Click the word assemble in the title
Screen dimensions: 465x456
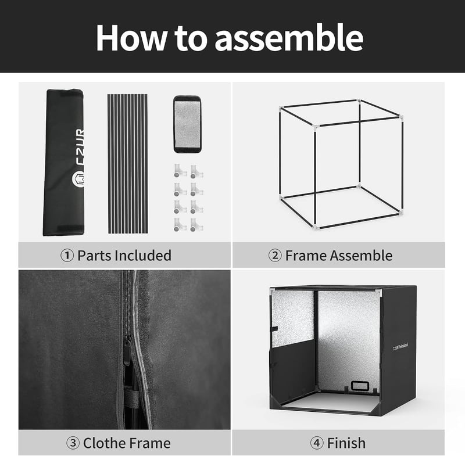tap(289, 38)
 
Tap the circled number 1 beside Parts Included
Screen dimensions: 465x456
tap(67, 256)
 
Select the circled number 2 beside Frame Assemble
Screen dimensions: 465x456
tap(275, 256)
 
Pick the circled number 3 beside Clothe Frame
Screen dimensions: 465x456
tap(73, 443)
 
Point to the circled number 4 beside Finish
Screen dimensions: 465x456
tap(316, 443)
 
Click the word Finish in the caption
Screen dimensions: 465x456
tap(346, 443)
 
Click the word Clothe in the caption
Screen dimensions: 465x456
tap(103, 443)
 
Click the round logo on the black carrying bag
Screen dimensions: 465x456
tap(78, 179)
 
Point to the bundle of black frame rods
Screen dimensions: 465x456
tap(127, 164)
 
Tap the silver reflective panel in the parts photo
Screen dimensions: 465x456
tap(187, 124)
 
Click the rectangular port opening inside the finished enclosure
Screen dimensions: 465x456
tap(360, 386)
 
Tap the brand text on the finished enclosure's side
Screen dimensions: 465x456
tap(400, 347)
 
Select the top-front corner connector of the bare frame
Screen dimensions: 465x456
tap(316, 127)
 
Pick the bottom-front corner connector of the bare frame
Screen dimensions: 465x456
tap(316, 227)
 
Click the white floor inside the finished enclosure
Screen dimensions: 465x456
tap(329, 402)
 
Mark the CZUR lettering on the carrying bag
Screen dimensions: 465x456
tap(79, 146)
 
